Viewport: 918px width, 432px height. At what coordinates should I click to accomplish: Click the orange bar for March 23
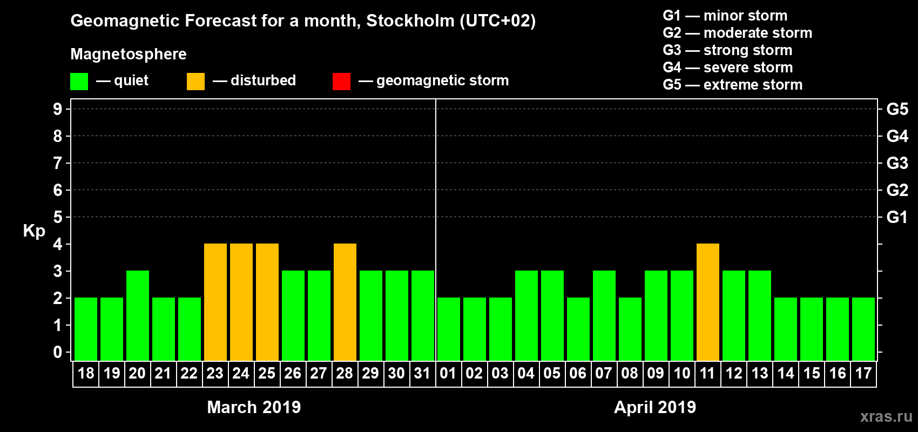point(215,302)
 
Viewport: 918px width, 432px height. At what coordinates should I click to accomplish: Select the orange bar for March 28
point(345,302)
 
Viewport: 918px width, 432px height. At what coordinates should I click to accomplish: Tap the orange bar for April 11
point(708,302)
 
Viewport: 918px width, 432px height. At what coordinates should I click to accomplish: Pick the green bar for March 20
point(138,315)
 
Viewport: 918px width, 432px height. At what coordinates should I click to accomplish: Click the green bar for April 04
point(526,315)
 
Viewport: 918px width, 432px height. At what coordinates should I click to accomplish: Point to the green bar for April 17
point(863,329)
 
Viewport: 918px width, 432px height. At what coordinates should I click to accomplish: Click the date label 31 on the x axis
point(422,373)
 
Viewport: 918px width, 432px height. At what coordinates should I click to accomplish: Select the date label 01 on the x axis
point(448,373)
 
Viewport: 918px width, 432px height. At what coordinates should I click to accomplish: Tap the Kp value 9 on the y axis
point(58,109)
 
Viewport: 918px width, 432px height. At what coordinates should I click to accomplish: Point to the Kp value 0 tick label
point(58,352)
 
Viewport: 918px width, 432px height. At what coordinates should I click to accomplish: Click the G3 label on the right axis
point(897,163)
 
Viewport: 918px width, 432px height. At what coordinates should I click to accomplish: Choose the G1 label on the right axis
point(897,217)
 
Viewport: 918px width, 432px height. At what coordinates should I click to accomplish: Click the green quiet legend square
point(79,82)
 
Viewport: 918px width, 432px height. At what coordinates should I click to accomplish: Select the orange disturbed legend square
point(195,82)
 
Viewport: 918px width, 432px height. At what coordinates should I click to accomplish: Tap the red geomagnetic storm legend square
point(341,82)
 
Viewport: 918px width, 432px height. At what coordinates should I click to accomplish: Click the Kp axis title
point(34,231)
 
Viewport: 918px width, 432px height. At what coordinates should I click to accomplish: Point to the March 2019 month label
point(254,407)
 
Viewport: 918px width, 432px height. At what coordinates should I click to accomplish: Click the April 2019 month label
point(655,407)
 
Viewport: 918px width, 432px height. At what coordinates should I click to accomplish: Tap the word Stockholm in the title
point(410,21)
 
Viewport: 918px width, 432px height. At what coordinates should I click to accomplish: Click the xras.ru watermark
point(886,416)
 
